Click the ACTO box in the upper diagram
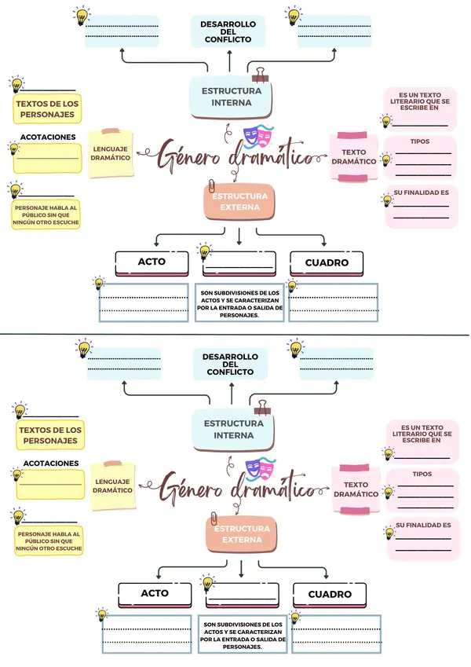pyautogui.click(x=152, y=262)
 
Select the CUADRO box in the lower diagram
pyautogui.click(x=330, y=594)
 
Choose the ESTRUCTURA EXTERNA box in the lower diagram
pyautogui.click(x=240, y=534)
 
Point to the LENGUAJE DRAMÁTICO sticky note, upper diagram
pyautogui.click(x=111, y=153)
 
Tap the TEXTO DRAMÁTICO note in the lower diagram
pyautogui.click(x=356, y=489)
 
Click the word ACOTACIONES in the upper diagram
pyautogui.click(x=48, y=137)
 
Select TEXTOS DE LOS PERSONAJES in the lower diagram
pyautogui.click(x=50, y=435)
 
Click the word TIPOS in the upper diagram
pyautogui.click(x=420, y=141)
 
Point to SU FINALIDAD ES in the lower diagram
pyautogui.click(x=423, y=524)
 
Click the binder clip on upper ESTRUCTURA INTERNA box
pyautogui.click(x=260, y=75)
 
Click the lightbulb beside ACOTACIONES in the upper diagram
pyautogui.click(x=13, y=148)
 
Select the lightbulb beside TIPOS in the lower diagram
pyautogui.click(x=388, y=493)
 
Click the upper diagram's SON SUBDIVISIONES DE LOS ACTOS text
pyautogui.click(x=239, y=302)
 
